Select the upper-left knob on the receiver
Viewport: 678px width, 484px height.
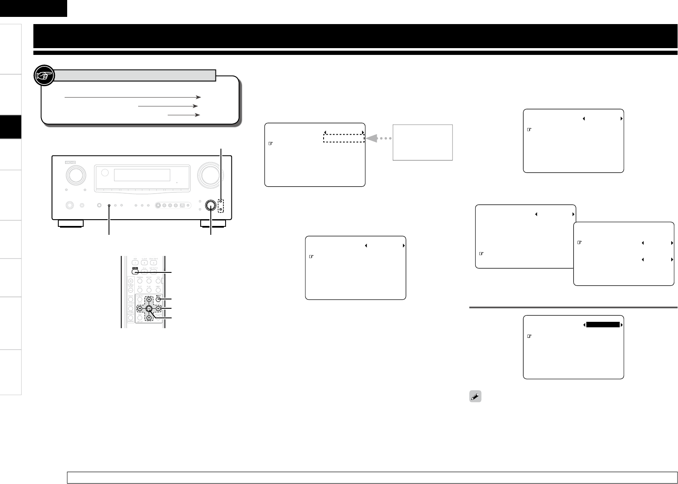(x=75, y=175)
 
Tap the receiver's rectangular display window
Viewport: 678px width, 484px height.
(x=142, y=175)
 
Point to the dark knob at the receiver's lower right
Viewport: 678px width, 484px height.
(x=210, y=205)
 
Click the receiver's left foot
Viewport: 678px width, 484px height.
(x=70, y=223)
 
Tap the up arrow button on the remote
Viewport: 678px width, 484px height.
(x=149, y=300)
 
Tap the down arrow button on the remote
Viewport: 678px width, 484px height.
(x=149, y=318)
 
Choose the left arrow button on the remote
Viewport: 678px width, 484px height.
(x=140, y=309)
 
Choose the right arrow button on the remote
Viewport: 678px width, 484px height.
(x=158, y=309)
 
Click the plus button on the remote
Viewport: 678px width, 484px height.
(x=131, y=281)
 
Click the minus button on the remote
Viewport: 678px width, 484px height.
(x=131, y=290)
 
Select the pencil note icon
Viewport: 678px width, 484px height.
(x=475, y=397)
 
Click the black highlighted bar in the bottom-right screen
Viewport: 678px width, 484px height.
(x=603, y=325)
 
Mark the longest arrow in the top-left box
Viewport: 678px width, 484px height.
(x=133, y=97)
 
